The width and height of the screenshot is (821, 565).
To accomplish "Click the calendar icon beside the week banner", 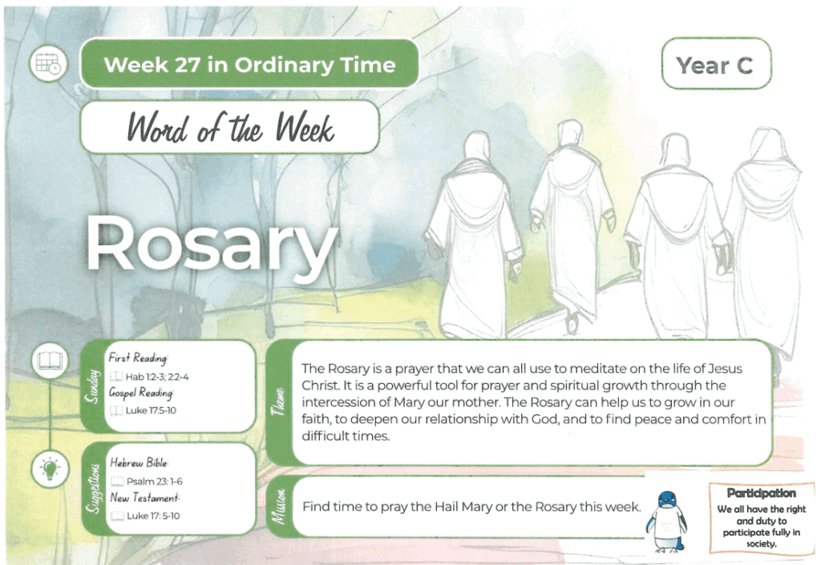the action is [x=48, y=64].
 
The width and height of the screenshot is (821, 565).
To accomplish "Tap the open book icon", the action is [x=50, y=361].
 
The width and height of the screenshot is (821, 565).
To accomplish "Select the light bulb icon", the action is [x=50, y=468].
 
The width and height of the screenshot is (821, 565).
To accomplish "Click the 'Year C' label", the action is [x=715, y=65].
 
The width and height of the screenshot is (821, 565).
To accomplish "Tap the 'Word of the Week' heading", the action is [x=230, y=127].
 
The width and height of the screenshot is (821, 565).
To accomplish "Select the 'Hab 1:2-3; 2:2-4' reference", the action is [x=157, y=377].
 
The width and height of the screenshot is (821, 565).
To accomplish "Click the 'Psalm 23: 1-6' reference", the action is [x=155, y=482].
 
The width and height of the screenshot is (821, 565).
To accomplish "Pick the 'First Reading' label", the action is [x=138, y=357].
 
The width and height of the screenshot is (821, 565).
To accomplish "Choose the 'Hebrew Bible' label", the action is [x=139, y=462].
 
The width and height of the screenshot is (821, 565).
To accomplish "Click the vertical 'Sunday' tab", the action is [x=93, y=386].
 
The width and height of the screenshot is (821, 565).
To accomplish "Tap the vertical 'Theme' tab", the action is [x=278, y=402].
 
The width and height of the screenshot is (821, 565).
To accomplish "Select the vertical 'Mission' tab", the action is [x=278, y=506].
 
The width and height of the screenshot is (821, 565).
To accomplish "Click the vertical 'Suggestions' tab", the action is [x=93, y=489].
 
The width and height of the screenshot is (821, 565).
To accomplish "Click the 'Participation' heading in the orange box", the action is [x=762, y=494].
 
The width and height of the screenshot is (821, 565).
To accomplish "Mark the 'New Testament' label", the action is [x=144, y=498].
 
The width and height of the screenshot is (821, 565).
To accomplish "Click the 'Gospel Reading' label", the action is [x=141, y=393].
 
